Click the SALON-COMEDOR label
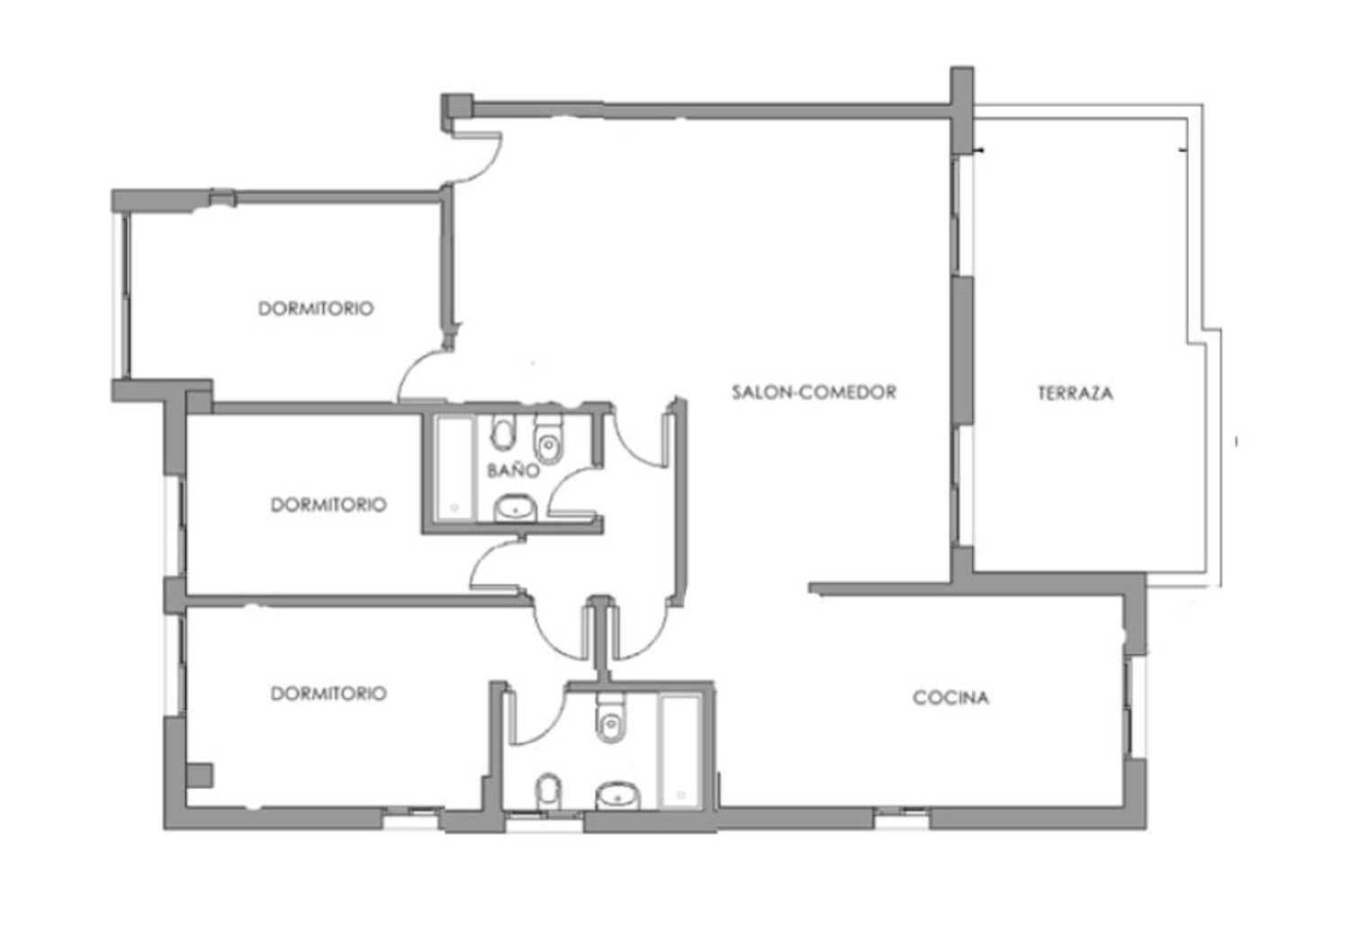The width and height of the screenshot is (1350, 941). coord(814,392)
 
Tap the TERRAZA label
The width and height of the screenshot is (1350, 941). coord(1075,393)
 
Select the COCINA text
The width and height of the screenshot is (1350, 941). coord(950,697)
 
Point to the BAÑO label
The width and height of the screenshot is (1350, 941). coord(513,470)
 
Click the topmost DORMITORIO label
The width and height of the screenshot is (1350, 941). coord(316,309)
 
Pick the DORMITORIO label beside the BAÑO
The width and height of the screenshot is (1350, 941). coord(328,505)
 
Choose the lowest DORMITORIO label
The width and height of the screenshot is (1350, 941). coord(328,694)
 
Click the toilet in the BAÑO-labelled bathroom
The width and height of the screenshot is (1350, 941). coord(548,439)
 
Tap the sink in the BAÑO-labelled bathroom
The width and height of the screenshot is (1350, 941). coord(516,508)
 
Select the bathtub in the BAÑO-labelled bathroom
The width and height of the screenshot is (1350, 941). coord(455,468)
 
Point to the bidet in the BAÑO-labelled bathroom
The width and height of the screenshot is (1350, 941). coord(503,432)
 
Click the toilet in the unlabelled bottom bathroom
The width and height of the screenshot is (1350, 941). coord(610,718)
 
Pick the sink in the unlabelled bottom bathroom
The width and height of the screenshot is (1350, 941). coord(617,796)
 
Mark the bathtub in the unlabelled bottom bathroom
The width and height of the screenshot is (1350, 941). coord(680,751)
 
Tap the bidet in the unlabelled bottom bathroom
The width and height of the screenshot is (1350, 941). coord(548,792)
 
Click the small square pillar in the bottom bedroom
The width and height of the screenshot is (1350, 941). coord(200,776)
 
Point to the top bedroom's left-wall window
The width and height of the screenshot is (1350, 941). coord(123,295)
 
